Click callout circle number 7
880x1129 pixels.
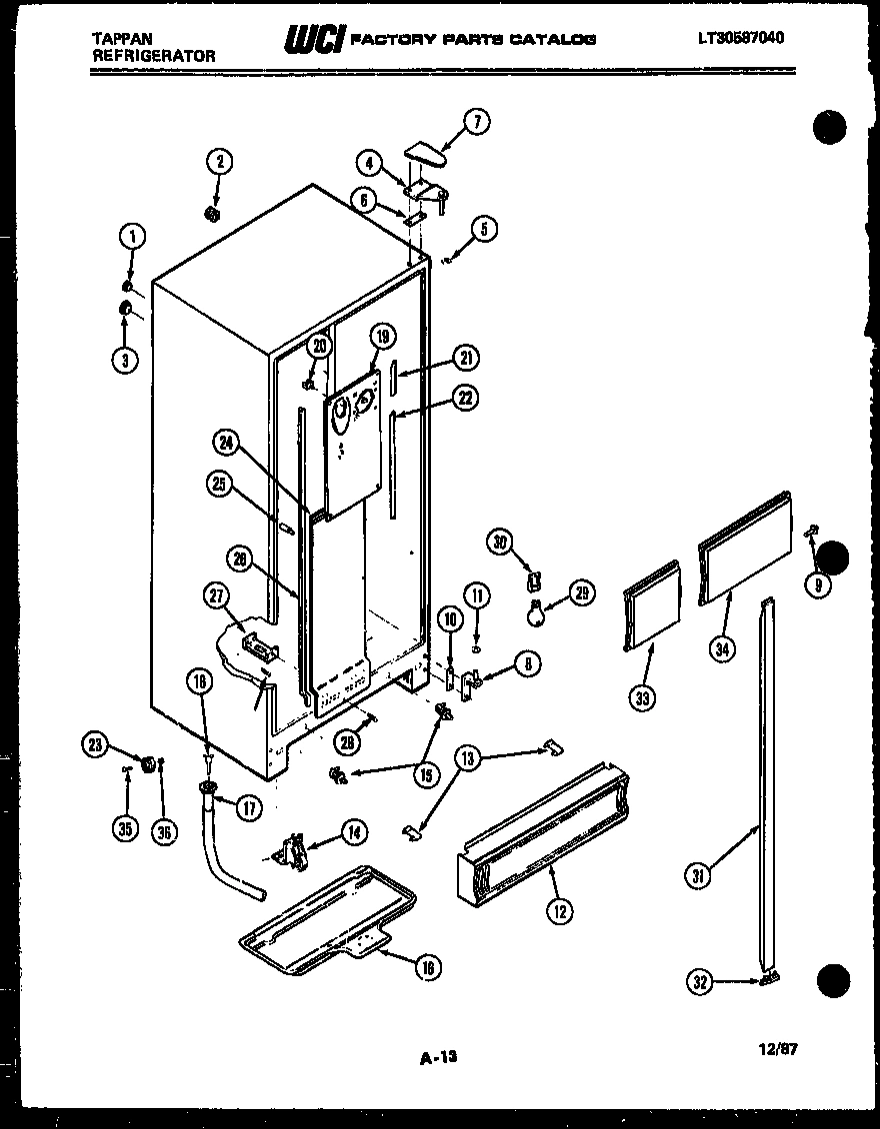click(476, 122)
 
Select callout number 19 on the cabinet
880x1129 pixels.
click(381, 336)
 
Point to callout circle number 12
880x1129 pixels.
click(558, 909)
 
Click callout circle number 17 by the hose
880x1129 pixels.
click(249, 807)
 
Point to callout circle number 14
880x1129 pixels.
click(352, 830)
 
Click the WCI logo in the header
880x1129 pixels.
click(315, 38)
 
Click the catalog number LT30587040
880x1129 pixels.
click(740, 38)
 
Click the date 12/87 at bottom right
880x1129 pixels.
click(778, 1049)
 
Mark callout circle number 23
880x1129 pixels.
click(96, 742)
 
